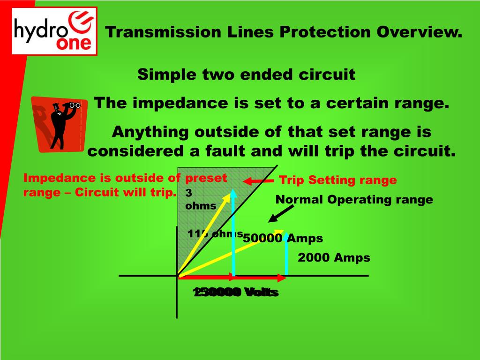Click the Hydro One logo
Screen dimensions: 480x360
(55, 31)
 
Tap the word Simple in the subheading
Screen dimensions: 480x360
(167, 74)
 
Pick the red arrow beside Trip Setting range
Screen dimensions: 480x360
(258, 181)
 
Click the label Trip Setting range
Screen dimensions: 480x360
(337, 180)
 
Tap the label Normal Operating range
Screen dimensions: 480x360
(354, 200)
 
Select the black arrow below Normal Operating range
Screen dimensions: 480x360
(279, 214)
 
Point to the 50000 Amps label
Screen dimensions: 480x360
(283, 238)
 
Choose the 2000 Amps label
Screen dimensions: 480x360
(334, 257)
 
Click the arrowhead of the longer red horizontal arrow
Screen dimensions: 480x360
(282, 277)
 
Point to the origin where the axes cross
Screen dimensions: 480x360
(177, 276)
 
